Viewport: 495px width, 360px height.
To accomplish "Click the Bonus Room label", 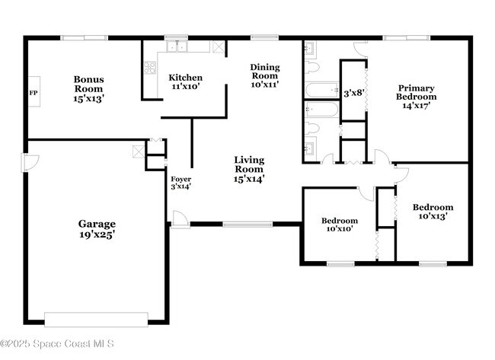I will tap(88, 88).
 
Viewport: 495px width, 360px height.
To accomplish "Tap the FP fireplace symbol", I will tap(33, 93).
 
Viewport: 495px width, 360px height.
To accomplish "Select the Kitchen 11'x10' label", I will tap(185, 82).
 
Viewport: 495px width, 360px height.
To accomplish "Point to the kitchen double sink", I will tap(177, 46).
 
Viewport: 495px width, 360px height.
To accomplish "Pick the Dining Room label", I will tap(265, 75).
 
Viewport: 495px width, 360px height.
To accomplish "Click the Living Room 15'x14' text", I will tap(249, 169).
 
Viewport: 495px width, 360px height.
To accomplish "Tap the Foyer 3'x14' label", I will tap(180, 182).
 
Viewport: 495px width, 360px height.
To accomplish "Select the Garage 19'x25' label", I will tap(97, 228).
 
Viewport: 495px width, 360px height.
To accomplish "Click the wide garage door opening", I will tap(96, 319).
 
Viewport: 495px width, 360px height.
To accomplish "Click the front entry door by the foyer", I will tap(180, 220).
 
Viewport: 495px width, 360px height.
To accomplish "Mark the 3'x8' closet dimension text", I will tap(353, 93).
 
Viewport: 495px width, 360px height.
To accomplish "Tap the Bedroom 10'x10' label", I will tap(339, 225).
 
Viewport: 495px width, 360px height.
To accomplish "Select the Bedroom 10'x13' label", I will tap(433, 211).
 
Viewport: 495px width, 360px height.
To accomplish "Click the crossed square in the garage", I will tap(139, 151).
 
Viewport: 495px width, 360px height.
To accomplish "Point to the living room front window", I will tap(247, 224).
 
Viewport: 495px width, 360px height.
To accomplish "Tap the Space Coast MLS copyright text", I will tap(57, 344).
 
